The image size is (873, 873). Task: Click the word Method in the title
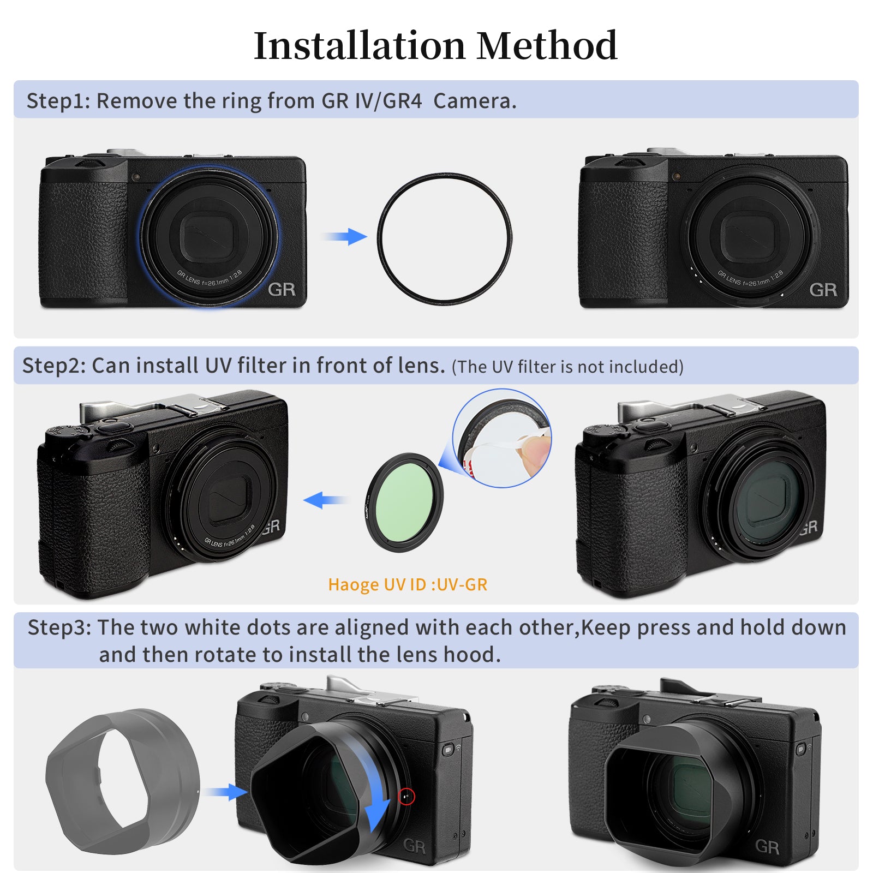point(547,46)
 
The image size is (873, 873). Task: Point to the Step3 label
point(59,627)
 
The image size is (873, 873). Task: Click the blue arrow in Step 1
point(344,237)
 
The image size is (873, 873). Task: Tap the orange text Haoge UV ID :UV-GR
point(408,585)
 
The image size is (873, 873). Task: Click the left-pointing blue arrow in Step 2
point(325,499)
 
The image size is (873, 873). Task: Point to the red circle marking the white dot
point(406,797)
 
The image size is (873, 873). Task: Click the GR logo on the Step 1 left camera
point(282,289)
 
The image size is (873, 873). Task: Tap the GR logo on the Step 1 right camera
point(823,289)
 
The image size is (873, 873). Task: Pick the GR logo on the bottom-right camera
point(767,847)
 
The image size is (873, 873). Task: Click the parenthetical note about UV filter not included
point(567,367)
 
